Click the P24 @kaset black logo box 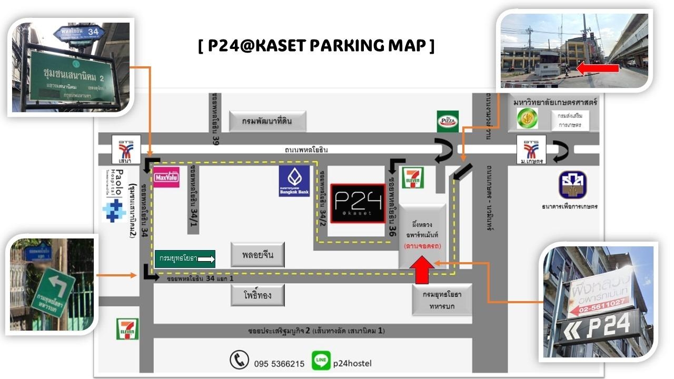[x=358, y=204]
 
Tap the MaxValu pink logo [x=166, y=178]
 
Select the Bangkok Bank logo [x=294, y=181]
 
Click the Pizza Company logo [x=448, y=121]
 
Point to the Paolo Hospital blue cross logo [x=114, y=210]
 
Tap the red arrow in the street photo [x=598, y=68]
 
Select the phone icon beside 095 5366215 [x=239, y=360]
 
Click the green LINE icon [x=321, y=361]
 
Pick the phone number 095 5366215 [x=279, y=363]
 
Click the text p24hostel [x=352, y=363]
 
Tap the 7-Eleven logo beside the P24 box [x=413, y=177]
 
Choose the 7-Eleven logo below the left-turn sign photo [x=127, y=329]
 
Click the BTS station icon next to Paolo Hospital [x=126, y=149]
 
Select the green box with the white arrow [x=185, y=258]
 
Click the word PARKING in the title [x=348, y=46]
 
